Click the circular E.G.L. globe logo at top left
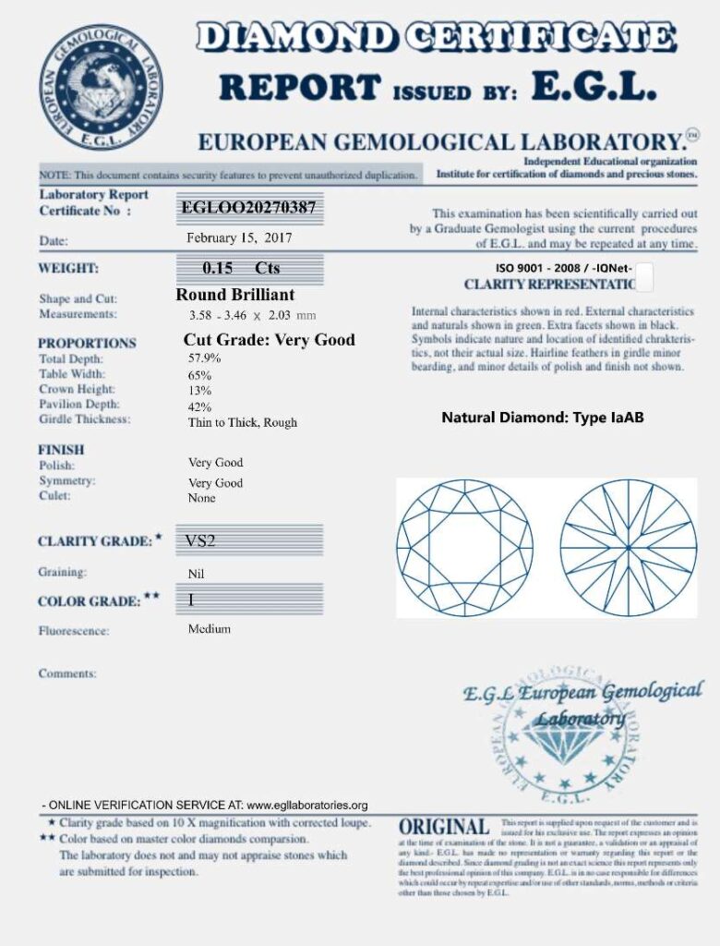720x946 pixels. (x=101, y=88)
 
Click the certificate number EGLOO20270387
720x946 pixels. (x=248, y=208)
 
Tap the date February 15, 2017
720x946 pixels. (x=239, y=238)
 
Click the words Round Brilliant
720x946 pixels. (x=235, y=295)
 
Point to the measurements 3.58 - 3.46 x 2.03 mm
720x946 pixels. (x=251, y=315)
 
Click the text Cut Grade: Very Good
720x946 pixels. (x=269, y=340)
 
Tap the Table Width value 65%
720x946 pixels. (x=199, y=375)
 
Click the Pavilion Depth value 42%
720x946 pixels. (x=199, y=406)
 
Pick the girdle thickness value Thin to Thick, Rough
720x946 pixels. (x=242, y=422)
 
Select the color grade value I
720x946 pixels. (x=190, y=600)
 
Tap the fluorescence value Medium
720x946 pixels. (x=210, y=629)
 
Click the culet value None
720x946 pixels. (x=201, y=498)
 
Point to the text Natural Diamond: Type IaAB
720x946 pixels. (x=543, y=418)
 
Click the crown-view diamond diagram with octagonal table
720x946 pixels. (x=465, y=547)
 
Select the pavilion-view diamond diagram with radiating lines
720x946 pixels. (x=628, y=547)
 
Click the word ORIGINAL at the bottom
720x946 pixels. (x=444, y=827)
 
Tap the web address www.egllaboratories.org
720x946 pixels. (x=307, y=805)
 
